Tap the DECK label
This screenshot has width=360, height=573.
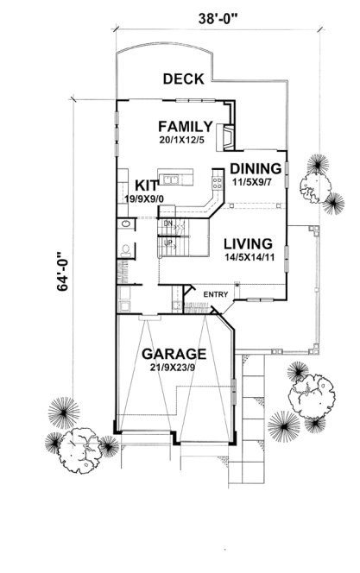point(183,79)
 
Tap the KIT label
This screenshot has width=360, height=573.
point(144,185)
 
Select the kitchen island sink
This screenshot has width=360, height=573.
point(174,180)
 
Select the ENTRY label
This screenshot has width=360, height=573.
point(214,295)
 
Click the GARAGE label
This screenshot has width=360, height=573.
point(174,354)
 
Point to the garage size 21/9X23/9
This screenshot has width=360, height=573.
point(174,368)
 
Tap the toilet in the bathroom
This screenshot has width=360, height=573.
point(126,251)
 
